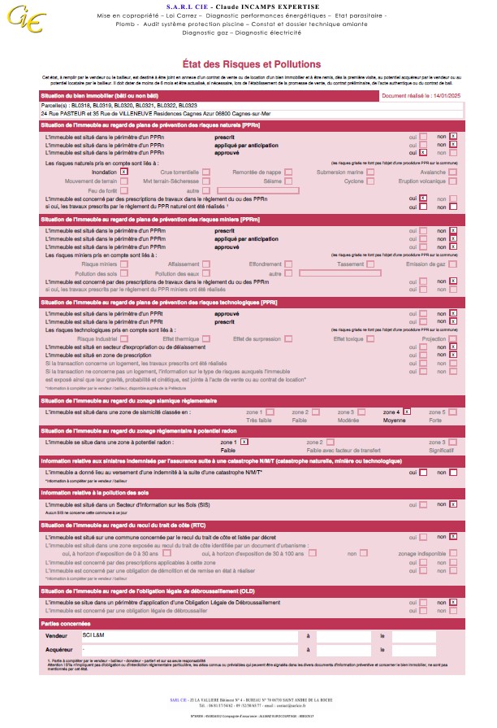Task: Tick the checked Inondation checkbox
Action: [x=123, y=172]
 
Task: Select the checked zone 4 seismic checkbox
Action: [x=407, y=412]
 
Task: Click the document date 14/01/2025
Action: [x=439, y=95]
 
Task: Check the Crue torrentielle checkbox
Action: [x=206, y=172]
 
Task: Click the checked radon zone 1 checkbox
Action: [x=244, y=442]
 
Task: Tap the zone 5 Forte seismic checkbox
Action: [x=453, y=412]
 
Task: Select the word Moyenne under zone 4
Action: [x=396, y=420]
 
